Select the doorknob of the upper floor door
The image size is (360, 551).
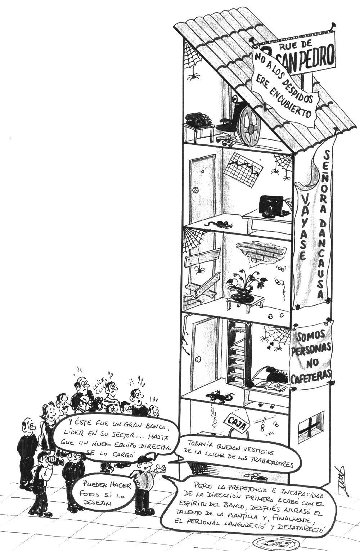[197, 190]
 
